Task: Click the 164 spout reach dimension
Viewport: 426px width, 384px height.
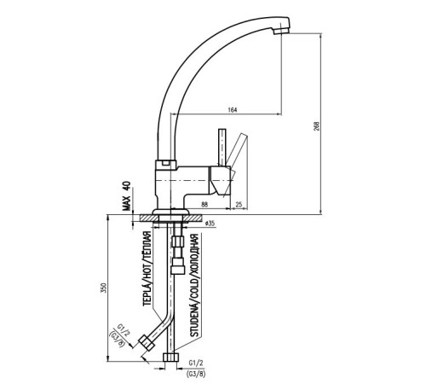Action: (x=233, y=109)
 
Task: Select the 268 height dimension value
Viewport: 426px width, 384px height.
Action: (x=317, y=126)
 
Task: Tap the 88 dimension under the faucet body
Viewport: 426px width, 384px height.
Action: (x=204, y=204)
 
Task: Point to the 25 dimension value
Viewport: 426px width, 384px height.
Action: (x=239, y=204)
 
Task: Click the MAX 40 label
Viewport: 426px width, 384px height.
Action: (x=127, y=196)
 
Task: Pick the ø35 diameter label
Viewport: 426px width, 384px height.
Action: (x=210, y=224)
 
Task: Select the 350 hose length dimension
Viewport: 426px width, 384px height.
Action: (x=104, y=288)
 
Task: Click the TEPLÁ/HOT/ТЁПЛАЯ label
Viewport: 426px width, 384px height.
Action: (x=147, y=269)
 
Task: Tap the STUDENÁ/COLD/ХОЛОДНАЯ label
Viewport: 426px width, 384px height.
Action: (x=194, y=285)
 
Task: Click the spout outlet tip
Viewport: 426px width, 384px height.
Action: (x=281, y=31)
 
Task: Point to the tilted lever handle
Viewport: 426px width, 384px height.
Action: (x=236, y=151)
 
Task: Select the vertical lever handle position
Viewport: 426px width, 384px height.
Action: (x=222, y=148)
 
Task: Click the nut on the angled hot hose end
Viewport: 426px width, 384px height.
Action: (x=147, y=342)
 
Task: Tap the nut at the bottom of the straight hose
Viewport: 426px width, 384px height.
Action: (x=170, y=358)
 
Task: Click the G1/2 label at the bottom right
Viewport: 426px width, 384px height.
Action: (x=196, y=363)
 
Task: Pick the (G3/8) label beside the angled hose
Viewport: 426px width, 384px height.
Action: (x=118, y=340)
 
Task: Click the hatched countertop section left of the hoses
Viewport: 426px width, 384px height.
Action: (x=149, y=218)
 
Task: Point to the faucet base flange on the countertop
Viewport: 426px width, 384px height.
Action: (x=170, y=212)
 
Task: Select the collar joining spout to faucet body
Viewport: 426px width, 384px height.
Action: (x=166, y=165)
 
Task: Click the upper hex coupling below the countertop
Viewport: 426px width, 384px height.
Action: (x=178, y=241)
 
